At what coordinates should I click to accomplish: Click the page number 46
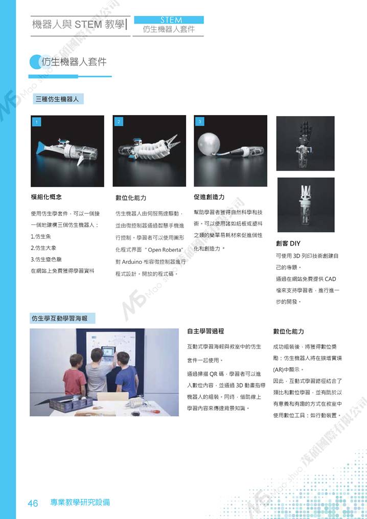tap(33, 504)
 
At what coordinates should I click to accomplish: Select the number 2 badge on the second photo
tap(119, 122)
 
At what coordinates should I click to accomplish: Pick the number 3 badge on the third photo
tap(200, 122)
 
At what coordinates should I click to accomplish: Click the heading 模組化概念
tap(46, 197)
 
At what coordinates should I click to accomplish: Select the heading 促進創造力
tap(209, 197)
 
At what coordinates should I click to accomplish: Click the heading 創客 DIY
tap(288, 243)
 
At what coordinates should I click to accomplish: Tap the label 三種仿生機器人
tap(57, 99)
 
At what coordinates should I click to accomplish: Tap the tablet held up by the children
tap(108, 351)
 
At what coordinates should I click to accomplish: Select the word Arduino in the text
tap(132, 262)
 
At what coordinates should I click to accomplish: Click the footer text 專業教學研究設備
tap(80, 503)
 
